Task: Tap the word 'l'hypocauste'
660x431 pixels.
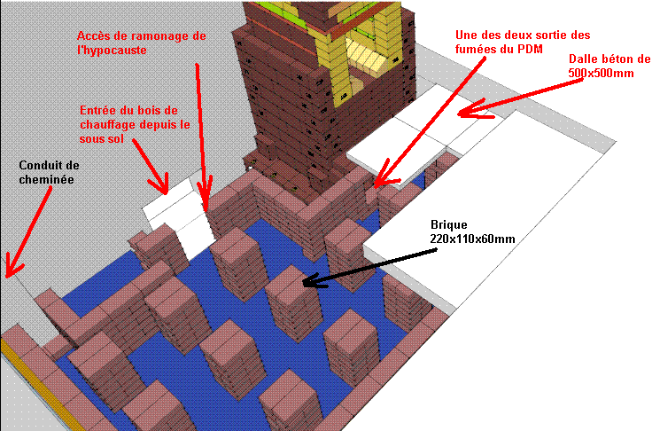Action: pyautogui.click(x=112, y=51)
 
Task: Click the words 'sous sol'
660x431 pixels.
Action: pyautogui.click(x=102, y=138)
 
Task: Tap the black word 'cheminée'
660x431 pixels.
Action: pyautogui.click(x=46, y=179)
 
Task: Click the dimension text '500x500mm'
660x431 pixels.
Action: pyautogui.click(x=601, y=73)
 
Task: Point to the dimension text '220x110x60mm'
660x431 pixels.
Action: pyautogui.click(x=472, y=239)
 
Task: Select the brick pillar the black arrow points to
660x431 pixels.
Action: pyautogui.click(x=292, y=303)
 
